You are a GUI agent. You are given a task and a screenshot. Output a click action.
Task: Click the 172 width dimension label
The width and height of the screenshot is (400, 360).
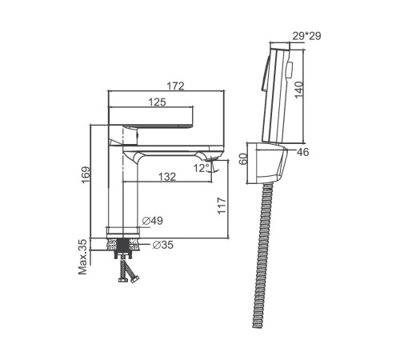click(x=175, y=86)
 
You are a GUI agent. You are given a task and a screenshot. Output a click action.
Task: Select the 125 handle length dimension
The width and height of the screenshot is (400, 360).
click(x=157, y=102)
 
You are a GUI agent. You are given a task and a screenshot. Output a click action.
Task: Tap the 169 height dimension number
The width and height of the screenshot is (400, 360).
click(x=86, y=175)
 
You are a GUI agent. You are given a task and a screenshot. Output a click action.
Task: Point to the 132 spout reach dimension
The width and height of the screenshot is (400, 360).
click(x=167, y=177)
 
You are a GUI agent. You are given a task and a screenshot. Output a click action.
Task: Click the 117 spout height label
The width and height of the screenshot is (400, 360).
click(x=222, y=206)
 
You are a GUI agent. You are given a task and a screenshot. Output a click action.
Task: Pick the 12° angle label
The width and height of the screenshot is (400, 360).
click(x=202, y=168)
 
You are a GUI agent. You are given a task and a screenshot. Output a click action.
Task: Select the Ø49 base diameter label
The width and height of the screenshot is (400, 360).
click(x=152, y=221)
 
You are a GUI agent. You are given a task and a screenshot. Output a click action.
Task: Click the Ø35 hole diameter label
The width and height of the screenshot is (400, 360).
click(x=163, y=245)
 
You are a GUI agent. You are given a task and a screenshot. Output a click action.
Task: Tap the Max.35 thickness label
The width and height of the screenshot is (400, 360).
click(x=83, y=257)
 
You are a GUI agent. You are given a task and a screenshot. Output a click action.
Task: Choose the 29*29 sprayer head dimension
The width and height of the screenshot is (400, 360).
click(x=306, y=36)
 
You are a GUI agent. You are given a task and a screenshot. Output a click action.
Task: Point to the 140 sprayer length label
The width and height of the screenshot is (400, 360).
click(x=299, y=90)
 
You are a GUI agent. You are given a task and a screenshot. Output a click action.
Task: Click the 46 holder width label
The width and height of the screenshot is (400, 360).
click(x=302, y=152)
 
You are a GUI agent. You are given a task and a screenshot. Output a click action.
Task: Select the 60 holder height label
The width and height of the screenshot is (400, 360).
click(x=243, y=159)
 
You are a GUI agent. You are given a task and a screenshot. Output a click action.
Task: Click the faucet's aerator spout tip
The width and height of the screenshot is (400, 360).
click(x=213, y=159)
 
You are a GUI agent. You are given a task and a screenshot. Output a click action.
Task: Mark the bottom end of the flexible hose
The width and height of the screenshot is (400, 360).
click(x=258, y=326)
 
